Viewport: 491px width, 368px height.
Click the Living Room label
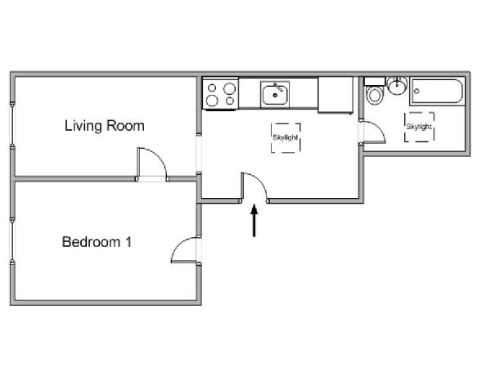tap(104, 126)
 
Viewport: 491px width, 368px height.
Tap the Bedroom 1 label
tap(97, 242)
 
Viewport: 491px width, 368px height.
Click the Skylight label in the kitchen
tap(286, 137)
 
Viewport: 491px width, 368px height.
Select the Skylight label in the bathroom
tap(419, 127)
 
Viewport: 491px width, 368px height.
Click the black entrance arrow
tap(255, 220)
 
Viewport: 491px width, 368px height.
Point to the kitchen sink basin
tap(275, 95)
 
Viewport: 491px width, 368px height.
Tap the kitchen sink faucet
tap(278, 87)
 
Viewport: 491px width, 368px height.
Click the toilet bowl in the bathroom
tap(374, 96)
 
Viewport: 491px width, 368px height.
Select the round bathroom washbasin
tap(397, 86)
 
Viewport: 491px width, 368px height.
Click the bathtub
tap(437, 91)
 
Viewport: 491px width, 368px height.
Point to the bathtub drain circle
tap(417, 92)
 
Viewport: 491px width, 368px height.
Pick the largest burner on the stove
tap(229, 88)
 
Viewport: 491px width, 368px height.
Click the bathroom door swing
tap(380, 128)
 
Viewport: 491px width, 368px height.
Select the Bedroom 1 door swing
tap(178, 246)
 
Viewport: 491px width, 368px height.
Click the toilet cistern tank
tap(375, 81)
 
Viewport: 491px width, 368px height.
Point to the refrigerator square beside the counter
tap(336, 95)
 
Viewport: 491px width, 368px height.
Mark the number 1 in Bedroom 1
tap(128, 242)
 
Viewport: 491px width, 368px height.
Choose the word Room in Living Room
tap(125, 126)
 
